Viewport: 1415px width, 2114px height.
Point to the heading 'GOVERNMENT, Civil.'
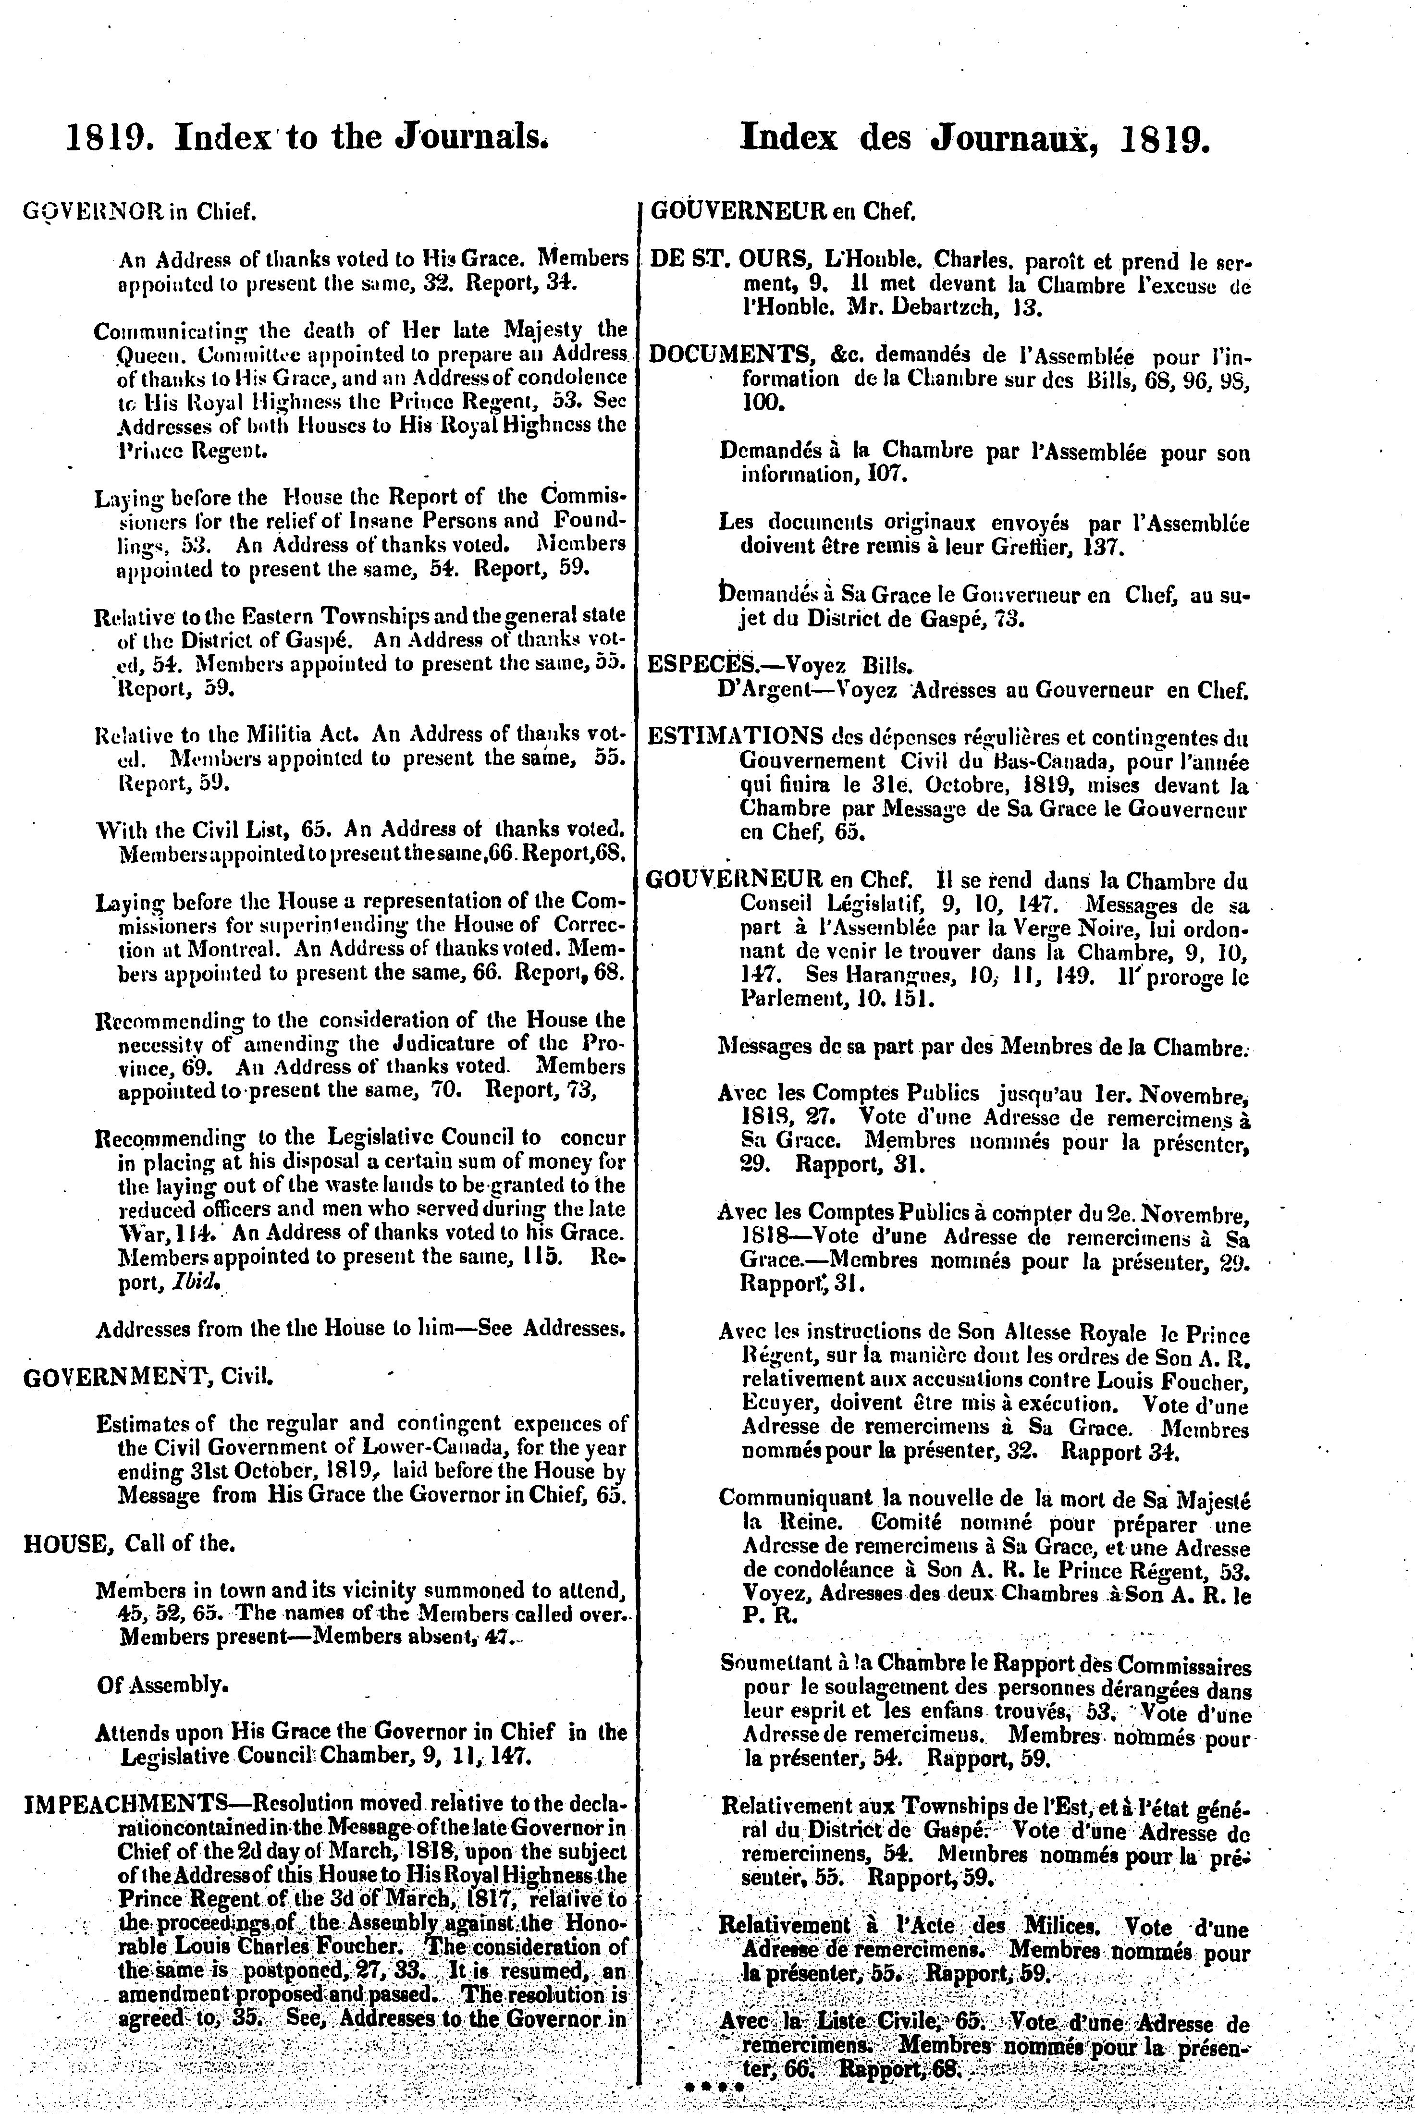tap(146, 1378)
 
